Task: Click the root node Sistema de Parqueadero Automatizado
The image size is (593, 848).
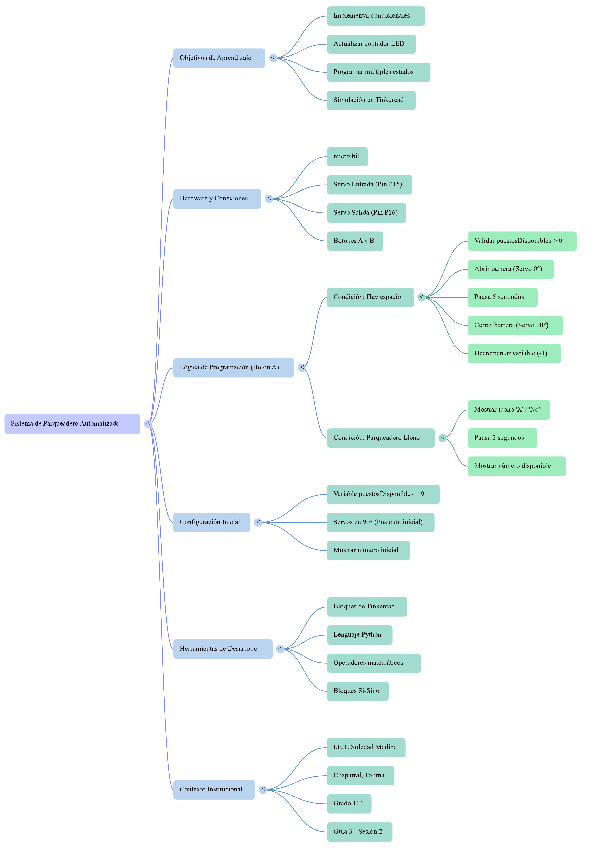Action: pos(72,424)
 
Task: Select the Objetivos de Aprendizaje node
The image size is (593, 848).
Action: pos(219,58)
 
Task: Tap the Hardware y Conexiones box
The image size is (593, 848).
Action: pos(217,199)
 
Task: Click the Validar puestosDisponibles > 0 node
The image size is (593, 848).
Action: pos(522,241)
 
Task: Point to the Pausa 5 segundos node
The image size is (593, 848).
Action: pos(503,297)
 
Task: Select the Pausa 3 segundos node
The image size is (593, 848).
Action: pos(503,438)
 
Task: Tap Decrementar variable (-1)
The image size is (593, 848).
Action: pos(514,353)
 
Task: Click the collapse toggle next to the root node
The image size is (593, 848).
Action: pos(148,424)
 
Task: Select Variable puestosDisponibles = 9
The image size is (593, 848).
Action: pos(383,494)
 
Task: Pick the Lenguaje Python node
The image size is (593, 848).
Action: pos(360,635)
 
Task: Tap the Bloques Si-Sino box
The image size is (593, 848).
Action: pos(358,691)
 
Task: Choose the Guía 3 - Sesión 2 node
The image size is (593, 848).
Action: pos(360,832)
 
